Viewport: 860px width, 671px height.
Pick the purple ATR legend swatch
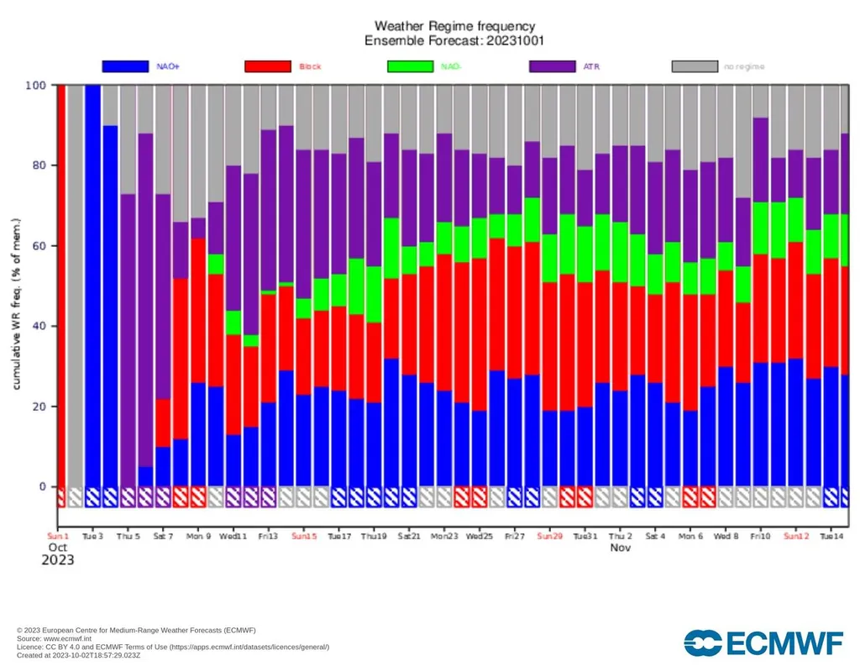point(552,66)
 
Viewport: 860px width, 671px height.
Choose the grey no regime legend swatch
point(695,66)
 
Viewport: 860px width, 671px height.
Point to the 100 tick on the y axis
point(36,86)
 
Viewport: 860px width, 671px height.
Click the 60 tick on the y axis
point(39,246)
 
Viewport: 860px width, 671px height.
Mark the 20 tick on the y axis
point(39,406)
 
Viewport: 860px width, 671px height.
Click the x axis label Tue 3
point(92,535)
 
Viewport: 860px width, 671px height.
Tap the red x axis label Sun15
point(304,535)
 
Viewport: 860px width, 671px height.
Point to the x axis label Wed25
point(479,535)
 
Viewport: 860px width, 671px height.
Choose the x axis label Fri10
point(761,535)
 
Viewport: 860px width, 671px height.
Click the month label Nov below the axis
point(620,548)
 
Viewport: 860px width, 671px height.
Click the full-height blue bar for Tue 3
point(92,286)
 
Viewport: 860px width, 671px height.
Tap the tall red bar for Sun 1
point(61,286)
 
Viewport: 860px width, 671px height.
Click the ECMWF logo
point(763,642)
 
